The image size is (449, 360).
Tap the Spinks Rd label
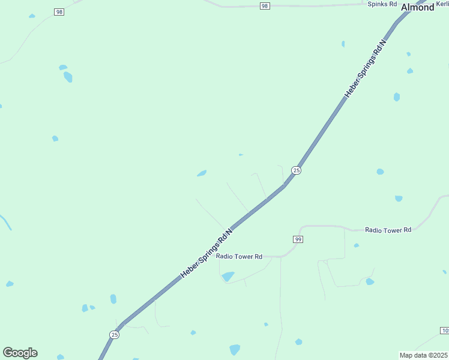[x=382, y=4]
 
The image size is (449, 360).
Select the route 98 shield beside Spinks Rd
[x=265, y=6]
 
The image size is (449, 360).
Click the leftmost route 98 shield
[x=59, y=11]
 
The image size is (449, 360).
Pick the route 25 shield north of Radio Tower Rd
[x=296, y=170]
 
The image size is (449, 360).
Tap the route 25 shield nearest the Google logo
[x=114, y=334]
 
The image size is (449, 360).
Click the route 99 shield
[x=298, y=239]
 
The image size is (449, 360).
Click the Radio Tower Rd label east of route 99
[x=388, y=230]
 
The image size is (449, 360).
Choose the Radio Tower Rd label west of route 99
[x=240, y=256]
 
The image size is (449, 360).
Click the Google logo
[x=20, y=353]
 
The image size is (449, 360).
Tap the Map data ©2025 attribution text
[x=424, y=355]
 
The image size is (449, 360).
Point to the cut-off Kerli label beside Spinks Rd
[x=442, y=4]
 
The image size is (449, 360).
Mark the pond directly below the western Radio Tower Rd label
[x=228, y=277]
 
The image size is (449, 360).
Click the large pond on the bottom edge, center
[x=235, y=349]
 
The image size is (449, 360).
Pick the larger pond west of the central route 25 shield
[x=202, y=173]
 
